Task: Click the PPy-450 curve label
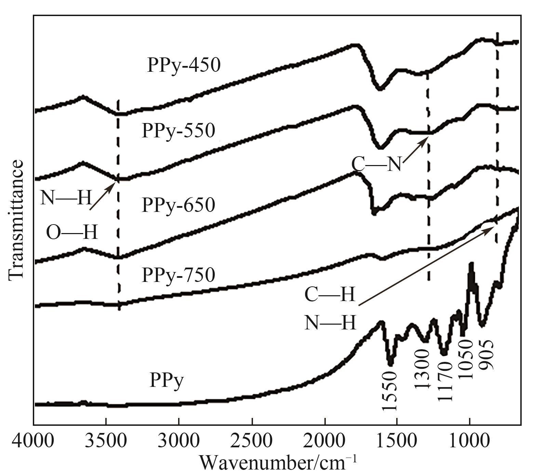[x=184, y=65]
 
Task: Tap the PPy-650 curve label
[x=178, y=204]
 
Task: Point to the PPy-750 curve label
[x=178, y=274]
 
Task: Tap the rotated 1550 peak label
[x=389, y=391]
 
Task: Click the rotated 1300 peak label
[x=421, y=370]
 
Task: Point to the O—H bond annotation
[x=72, y=233]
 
